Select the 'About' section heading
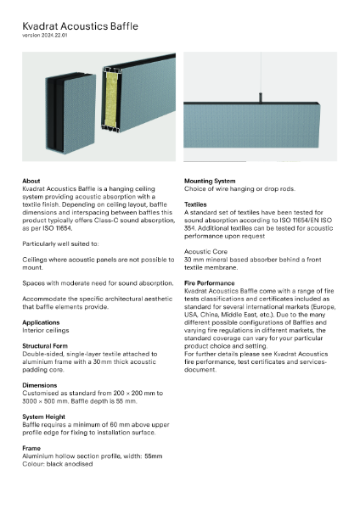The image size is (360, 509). pyautogui.click(x=31, y=182)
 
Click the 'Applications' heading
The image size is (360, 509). pyautogui.click(x=41, y=323)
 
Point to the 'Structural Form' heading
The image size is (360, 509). pyautogui.click(x=48, y=346)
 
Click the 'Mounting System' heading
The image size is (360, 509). pyautogui.click(x=216, y=182)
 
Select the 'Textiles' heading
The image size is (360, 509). pyautogui.click(x=196, y=204)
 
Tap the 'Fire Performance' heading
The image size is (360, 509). pyautogui.click(x=211, y=282)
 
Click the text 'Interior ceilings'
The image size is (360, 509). pyautogui.click(x=46, y=331)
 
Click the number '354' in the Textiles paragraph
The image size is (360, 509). pyautogui.click(x=192, y=227)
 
